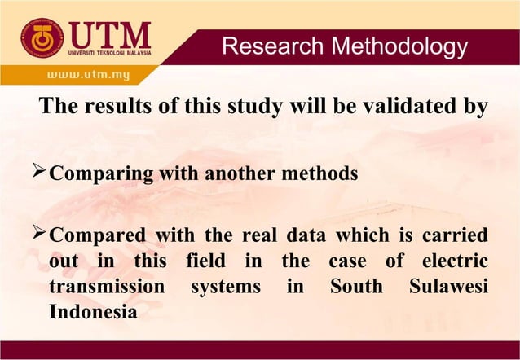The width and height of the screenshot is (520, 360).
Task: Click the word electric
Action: pyautogui.click(x=450, y=262)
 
